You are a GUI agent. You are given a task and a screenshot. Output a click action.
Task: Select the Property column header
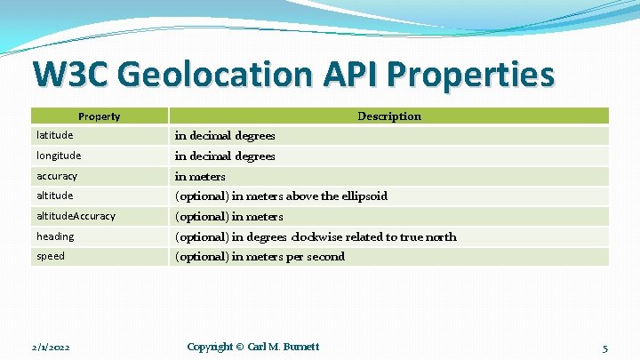(99, 116)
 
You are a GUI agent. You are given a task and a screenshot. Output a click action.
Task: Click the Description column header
(389, 116)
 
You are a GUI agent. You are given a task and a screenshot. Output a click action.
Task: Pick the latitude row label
(54, 135)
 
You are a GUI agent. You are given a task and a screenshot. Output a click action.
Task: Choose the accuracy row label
(57, 176)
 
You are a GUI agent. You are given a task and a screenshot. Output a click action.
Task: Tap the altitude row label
(54, 196)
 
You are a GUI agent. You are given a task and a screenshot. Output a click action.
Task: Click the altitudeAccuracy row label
(76, 216)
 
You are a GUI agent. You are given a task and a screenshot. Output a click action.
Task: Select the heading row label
(55, 236)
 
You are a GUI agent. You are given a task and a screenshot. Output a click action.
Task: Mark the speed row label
(51, 256)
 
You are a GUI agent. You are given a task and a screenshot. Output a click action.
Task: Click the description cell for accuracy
(200, 176)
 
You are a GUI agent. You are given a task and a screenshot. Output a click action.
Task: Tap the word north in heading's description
(439, 236)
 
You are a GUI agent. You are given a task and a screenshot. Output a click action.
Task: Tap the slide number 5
(604, 347)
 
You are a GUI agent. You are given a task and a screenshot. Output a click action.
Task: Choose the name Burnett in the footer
(300, 347)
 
